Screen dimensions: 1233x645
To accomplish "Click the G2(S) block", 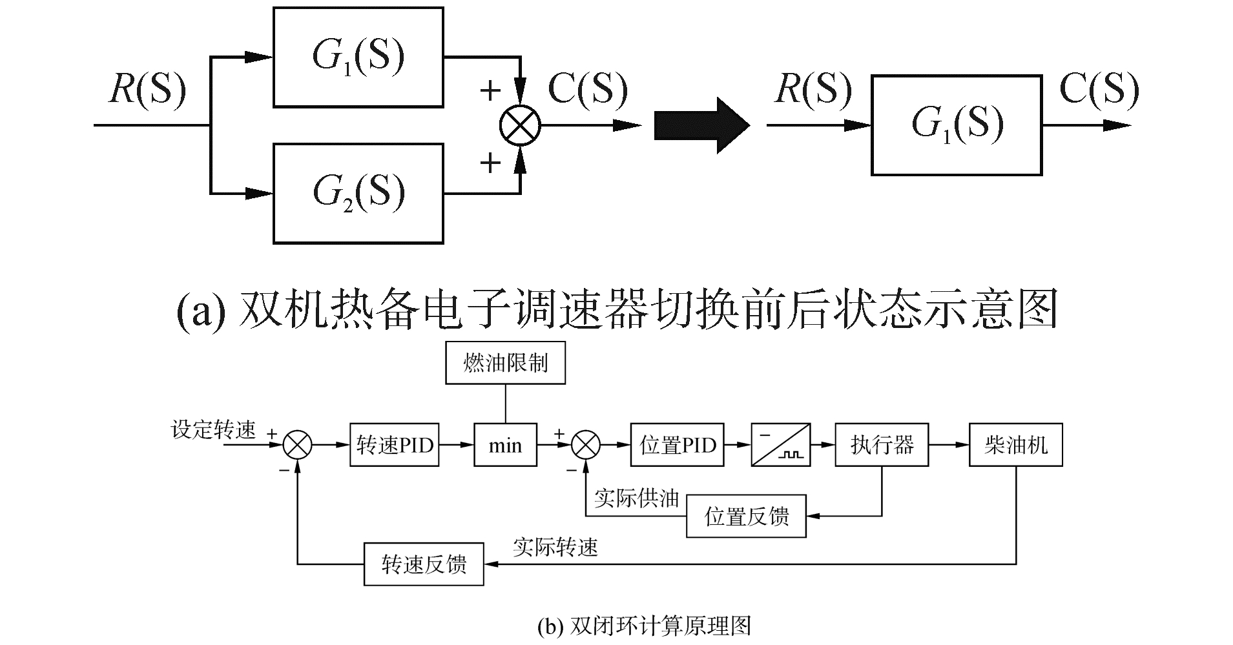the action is click(x=358, y=193).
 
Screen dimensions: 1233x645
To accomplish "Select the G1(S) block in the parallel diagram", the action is click(x=358, y=57).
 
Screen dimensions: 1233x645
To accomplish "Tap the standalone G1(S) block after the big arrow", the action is click(x=957, y=125).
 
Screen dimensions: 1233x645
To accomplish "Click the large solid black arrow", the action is click(x=701, y=125).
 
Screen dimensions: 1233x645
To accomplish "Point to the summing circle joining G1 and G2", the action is click(x=521, y=125).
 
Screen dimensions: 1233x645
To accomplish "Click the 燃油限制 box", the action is click(x=506, y=363).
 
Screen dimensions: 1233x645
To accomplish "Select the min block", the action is click(x=505, y=445).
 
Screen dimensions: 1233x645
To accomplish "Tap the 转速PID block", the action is click(x=394, y=445).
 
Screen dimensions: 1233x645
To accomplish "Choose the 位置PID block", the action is click(x=678, y=445).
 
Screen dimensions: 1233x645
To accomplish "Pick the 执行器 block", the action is click(x=882, y=445).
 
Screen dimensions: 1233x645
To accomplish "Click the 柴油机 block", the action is click(x=1015, y=445).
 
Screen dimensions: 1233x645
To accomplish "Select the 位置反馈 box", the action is click(x=746, y=516).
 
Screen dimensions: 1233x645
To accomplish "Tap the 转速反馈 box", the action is click(x=424, y=564).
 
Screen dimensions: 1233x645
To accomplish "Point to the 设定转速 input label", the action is click(x=214, y=429).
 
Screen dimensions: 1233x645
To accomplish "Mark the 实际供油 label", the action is click(x=637, y=498).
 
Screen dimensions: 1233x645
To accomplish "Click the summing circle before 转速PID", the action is click(x=298, y=445).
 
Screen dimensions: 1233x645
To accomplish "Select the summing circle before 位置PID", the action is click(x=586, y=445).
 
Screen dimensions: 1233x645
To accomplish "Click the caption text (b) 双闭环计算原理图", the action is click(x=644, y=626).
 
